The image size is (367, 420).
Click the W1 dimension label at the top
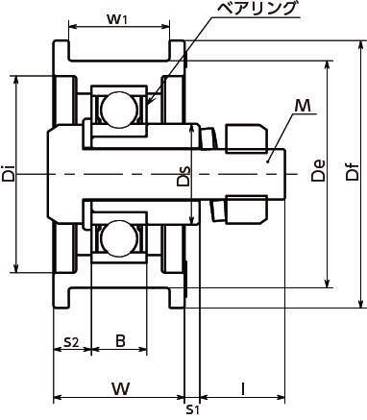pos(117,19)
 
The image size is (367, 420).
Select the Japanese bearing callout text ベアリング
pos(256,8)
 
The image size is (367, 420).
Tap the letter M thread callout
pos(303,106)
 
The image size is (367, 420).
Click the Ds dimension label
pos(184,176)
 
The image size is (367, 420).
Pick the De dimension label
pos(318,170)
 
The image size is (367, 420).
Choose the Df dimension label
pos(353,171)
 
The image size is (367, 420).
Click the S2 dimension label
pos(71,342)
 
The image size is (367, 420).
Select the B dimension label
pos(120,341)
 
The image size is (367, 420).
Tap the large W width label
pos(121,388)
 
